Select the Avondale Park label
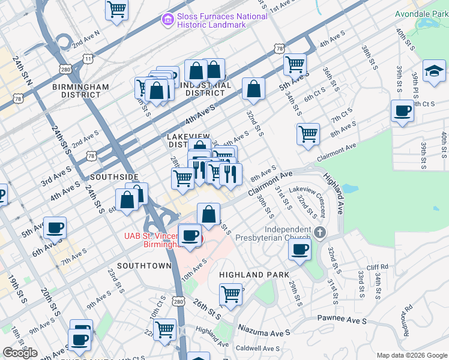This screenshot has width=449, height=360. (421, 13)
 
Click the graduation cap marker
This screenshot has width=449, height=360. (434, 71)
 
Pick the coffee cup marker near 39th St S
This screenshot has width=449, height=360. (402, 111)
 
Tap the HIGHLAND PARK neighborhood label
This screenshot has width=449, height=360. (250, 274)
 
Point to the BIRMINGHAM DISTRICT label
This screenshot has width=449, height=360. (80, 91)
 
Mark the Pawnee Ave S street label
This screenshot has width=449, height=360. (342, 321)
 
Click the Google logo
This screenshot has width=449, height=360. (20, 353)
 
